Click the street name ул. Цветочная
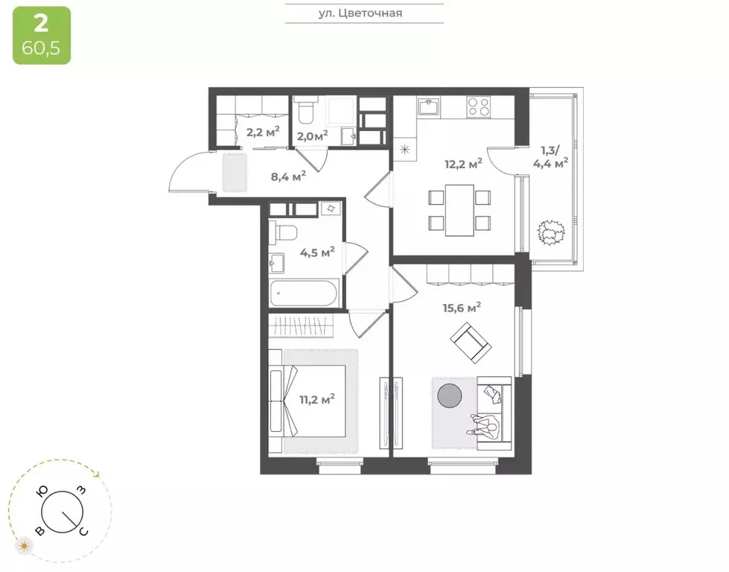tap(364, 13)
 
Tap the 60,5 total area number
tap(42, 50)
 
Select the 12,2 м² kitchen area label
tap(463, 163)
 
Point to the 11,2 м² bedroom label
tap(316, 399)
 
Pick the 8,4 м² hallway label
tap(287, 176)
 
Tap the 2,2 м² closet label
tap(261, 132)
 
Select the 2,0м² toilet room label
tap(312, 136)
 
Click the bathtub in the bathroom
tap(305, 293)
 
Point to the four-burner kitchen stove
tap(477, 108)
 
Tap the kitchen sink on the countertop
tap(430, 107)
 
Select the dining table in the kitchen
tap(459, 210)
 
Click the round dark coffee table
tap(449, 395)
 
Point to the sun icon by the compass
tap(25, 547)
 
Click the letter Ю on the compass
tap(43, 492)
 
